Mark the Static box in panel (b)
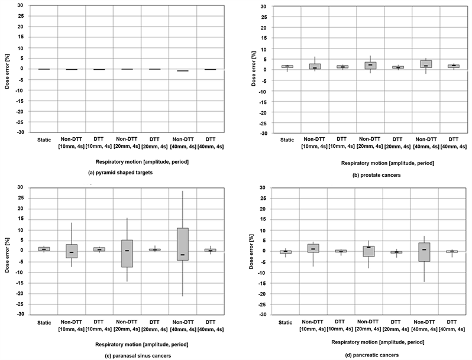[287, 66]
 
